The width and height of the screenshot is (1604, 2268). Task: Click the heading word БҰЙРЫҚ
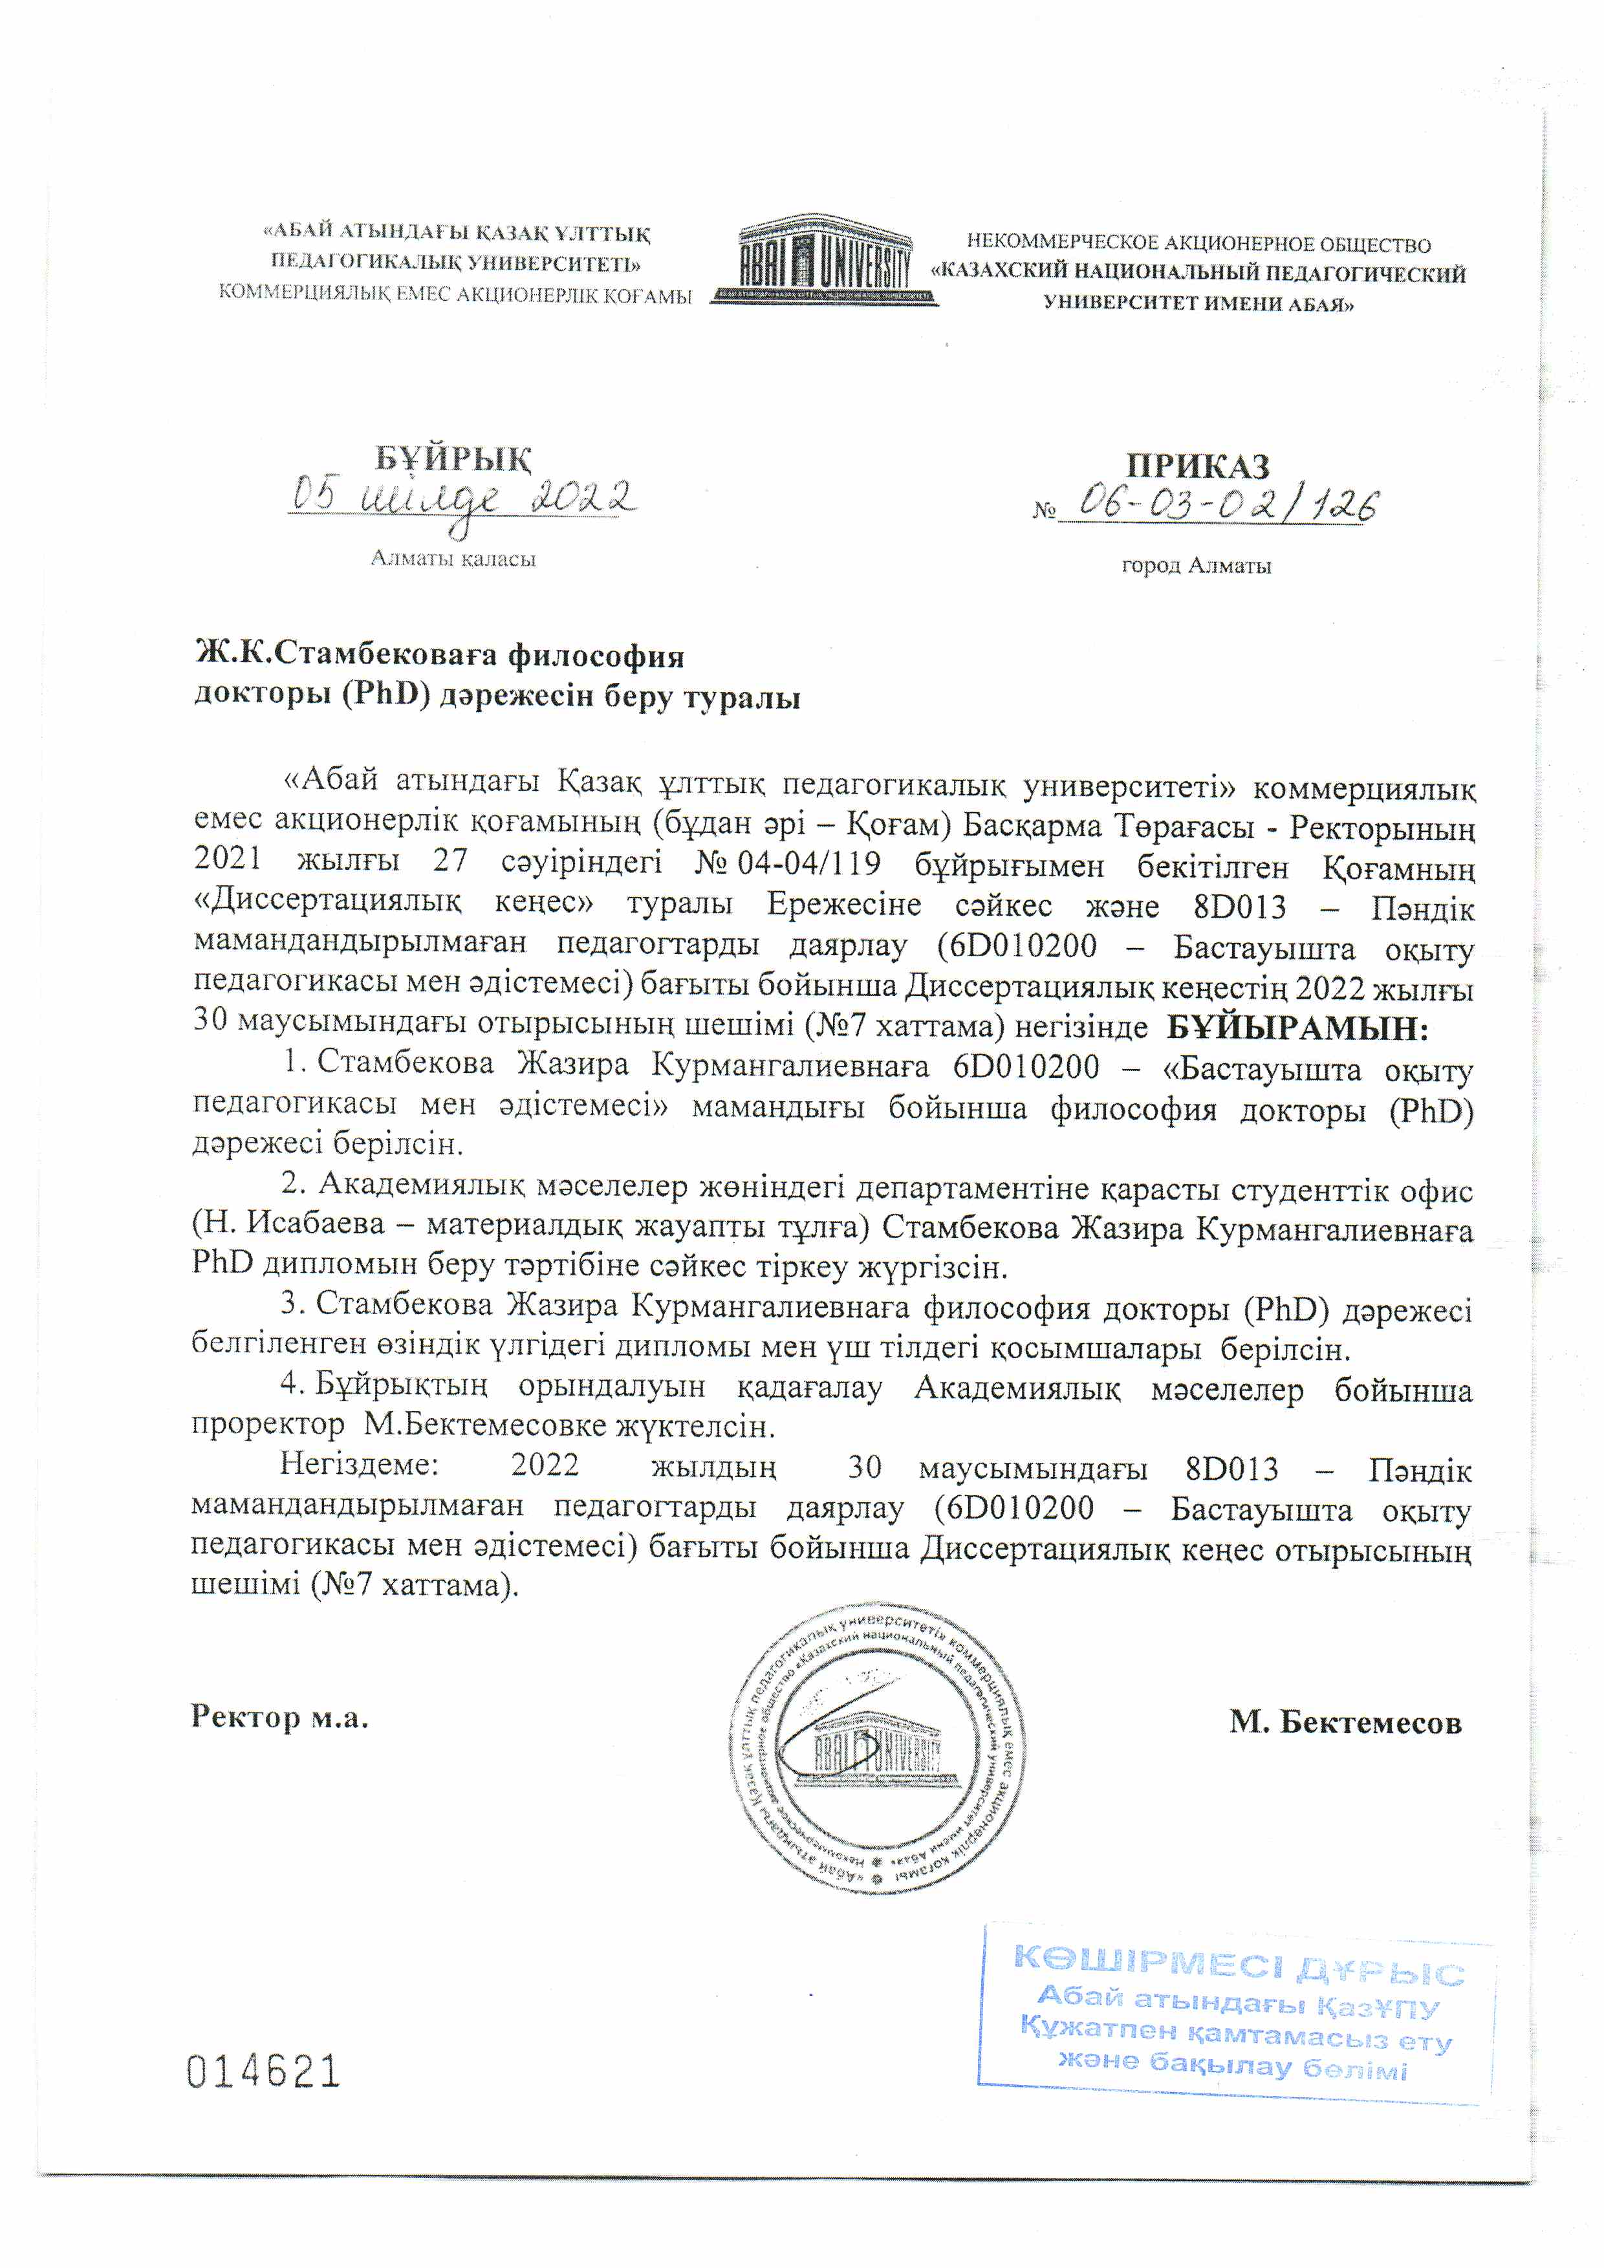pyautogui.click(x=453, y=459)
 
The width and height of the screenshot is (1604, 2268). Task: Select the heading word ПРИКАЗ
pyautogui.click(x=1197, y=466)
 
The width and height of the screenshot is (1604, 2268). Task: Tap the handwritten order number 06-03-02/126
pyautogui.click(x=1225, y=505)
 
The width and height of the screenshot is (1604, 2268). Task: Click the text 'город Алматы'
pyautogui.click(x=1196, y=566)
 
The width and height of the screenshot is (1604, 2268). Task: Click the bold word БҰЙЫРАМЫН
pyautogui.click(x=1297, y=1030)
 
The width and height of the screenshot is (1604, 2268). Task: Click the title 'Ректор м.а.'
pyautogui.click(x=279, y=1717)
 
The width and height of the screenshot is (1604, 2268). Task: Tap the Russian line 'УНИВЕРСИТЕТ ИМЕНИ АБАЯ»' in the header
pyautogui.click(x=1198, y=304)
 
